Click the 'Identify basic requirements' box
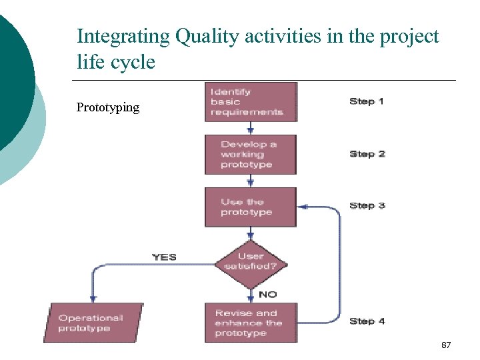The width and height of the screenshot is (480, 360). click(x=251, y=102)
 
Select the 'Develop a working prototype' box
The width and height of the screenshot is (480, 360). click(x=250, y=154)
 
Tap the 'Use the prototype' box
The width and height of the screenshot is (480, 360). click(x=250, y=207)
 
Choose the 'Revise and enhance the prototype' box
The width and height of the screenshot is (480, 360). click(x=250, y=323)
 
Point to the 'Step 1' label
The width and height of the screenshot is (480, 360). click(x=367, y=101)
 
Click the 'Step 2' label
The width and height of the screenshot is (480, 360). click(x=367, y=154)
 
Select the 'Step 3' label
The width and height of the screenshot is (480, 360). click(x=367, y=205)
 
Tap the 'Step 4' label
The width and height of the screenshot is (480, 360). click(x=367, y=321)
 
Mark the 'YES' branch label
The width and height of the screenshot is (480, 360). click(x=164, y=257)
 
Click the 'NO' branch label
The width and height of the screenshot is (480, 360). click(x=267, y=294)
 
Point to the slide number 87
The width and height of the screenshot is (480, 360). click(x=446, y=345)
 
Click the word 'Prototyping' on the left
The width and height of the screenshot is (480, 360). click(x=108, y=107)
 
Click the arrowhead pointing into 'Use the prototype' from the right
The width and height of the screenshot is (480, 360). click(x=301, y=207)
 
